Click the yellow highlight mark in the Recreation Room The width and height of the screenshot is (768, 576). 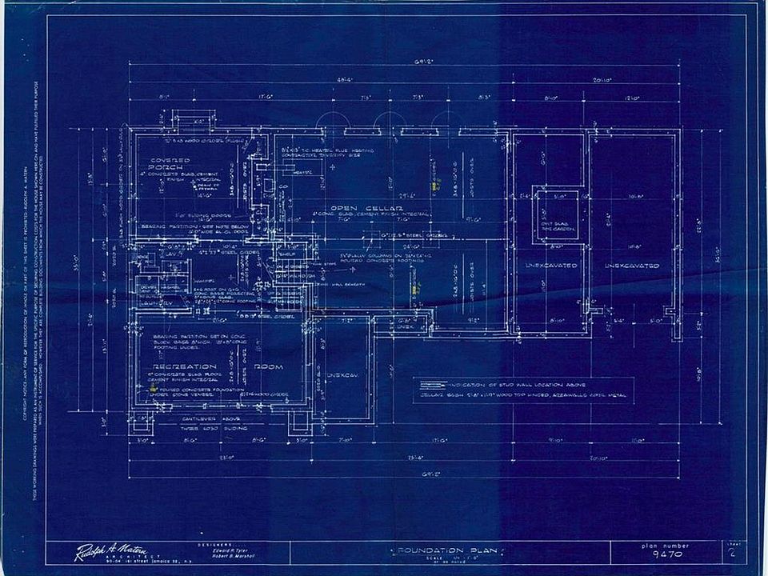point(152,387)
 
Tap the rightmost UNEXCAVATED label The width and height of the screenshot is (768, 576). point(631,265)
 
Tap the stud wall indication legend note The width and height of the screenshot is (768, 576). point(520,385)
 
